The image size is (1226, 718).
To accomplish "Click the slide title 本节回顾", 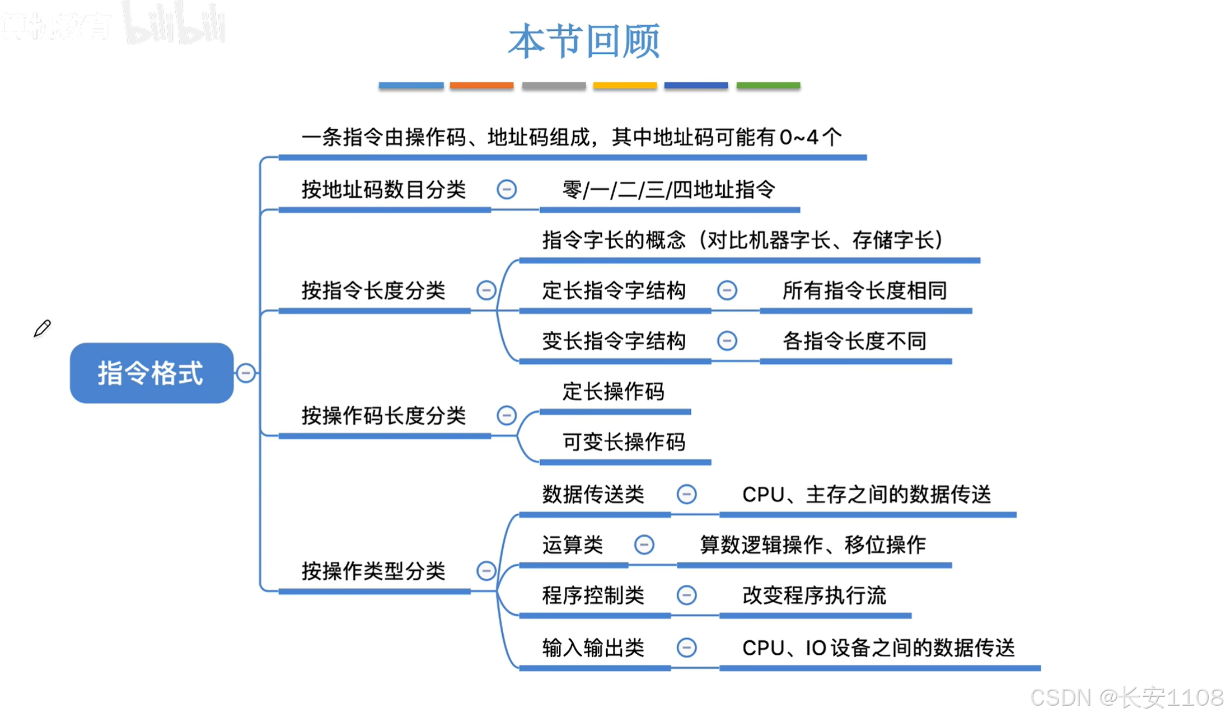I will click(584, 41).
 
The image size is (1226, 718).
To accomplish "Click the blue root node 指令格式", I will click(151, 373).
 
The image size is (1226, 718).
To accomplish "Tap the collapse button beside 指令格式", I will click(246, 373).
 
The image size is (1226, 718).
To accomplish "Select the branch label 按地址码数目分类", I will click(383, 190).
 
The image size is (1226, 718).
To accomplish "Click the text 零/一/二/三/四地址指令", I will click(668, 190).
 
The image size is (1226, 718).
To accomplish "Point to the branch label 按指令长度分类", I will click(373, 290).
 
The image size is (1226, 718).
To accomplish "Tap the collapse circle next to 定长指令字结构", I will click(727, 290).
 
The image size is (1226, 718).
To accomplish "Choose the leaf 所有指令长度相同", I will click(864, 290).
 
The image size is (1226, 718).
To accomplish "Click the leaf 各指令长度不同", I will click(854, 341).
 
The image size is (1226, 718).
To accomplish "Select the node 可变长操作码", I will click(624, 442).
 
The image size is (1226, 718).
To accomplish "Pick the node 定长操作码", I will click(614, 392).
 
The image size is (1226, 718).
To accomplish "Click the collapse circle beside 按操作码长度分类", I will click(507, 415).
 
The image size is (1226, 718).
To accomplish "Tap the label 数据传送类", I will click(593, 495).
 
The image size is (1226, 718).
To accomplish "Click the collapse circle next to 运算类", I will click(644, 545).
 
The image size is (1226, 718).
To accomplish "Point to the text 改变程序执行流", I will click(814, 595).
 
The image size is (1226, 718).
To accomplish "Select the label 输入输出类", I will click(593, 648).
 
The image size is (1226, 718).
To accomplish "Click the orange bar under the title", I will click(481, 86).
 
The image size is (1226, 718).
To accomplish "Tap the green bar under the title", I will click(768, 86).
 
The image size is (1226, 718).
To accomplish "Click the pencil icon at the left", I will click(42, 329).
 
